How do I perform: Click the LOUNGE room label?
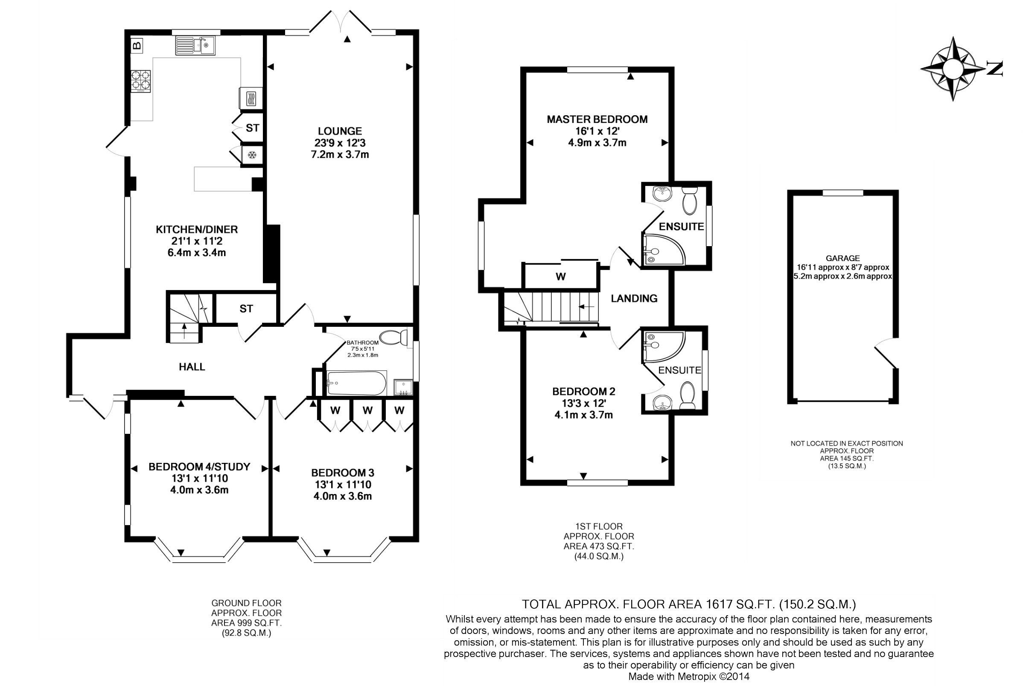pos(340,131)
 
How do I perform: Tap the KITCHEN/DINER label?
pos(197,229)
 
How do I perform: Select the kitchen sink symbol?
pos(195,45)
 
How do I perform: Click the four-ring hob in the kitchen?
pos(141,81)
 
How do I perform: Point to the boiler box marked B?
pos(137,45)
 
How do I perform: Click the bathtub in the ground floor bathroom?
pos(357,383)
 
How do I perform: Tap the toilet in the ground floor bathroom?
pos(394,337)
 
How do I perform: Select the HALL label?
pos(192,366)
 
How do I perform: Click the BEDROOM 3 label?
pos(343,473)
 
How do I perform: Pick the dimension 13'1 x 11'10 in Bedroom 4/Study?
pos(200,478)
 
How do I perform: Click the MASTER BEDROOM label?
pos(597,119)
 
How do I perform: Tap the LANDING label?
pos(634,298)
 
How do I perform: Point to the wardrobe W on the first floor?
pos(560,276)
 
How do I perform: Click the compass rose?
pos(953,69)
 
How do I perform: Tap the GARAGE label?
pos(843,259)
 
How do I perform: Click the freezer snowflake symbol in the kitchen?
pos(252,155)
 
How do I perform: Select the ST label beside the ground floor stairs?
pos(246,309)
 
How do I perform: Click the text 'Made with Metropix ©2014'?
pos(689,676)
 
